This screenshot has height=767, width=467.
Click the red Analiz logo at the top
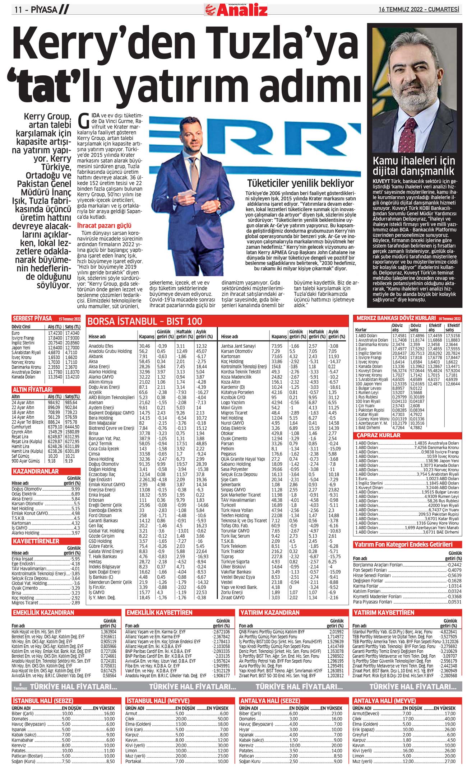(236, 10)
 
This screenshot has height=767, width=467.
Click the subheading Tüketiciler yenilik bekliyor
(300, 183)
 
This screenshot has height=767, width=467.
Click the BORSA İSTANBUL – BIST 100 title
(145, 321)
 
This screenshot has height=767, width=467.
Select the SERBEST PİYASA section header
(32, 318)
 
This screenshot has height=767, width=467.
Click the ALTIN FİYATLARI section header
(33, 389)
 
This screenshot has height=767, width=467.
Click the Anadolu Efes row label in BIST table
(101, 346)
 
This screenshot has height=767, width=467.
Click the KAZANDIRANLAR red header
(35, 471)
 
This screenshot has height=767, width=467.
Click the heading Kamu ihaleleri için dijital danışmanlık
(413, 165)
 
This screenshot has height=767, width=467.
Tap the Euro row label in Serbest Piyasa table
(16, 333)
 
